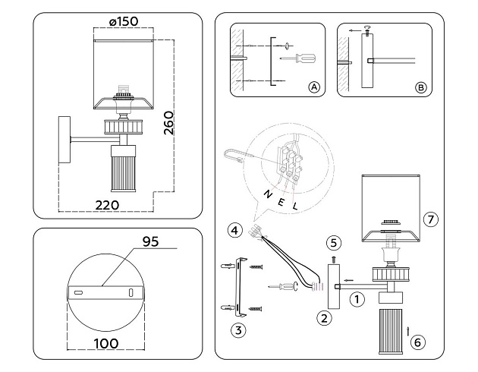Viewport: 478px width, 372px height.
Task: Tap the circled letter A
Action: coord(313,88)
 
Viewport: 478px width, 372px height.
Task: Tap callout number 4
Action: coord(236,229)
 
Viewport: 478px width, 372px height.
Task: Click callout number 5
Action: coord(332,244)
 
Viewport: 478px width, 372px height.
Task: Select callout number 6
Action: coord(417,342)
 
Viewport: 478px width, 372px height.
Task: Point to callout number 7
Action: coord(430,220)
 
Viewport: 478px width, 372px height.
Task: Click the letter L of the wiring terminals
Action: coord(295,205)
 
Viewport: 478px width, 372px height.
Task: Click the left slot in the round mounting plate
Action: coord(77,292)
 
